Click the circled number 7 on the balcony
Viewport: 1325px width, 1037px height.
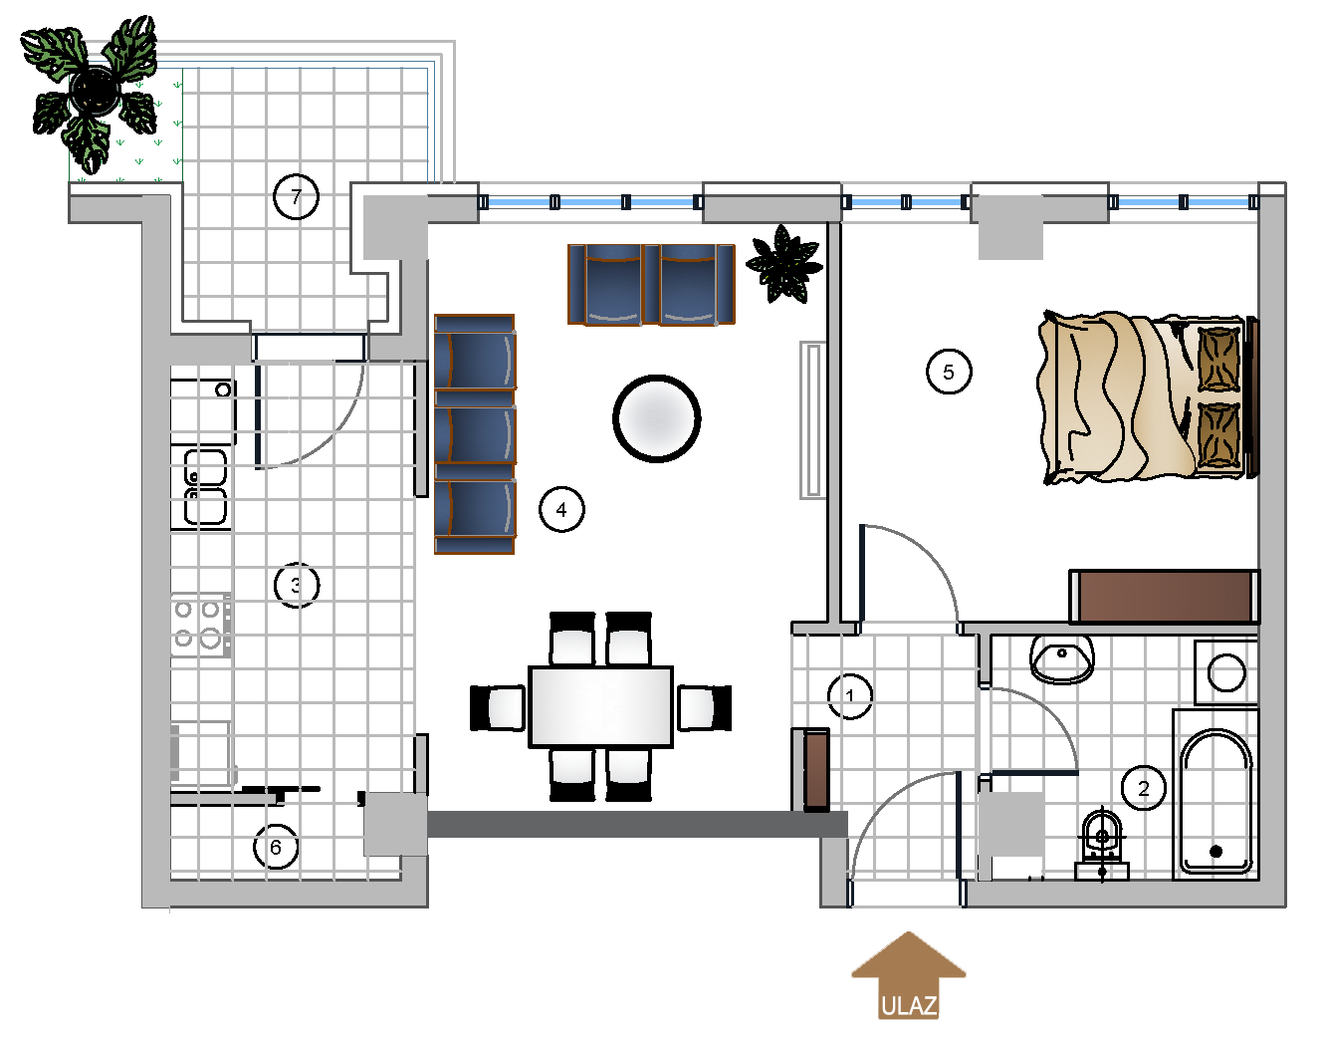296,196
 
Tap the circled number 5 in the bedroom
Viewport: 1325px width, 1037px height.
949,372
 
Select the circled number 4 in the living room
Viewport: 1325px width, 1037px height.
561,509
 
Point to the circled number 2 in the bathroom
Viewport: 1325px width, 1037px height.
1144,788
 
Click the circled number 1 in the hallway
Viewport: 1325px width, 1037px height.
850,696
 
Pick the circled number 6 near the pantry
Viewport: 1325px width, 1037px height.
276,847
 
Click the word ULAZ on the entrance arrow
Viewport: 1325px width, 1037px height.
909,1006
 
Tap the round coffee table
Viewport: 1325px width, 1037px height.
657,418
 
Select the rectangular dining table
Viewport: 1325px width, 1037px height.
600,707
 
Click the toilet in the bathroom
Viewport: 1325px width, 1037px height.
1102,844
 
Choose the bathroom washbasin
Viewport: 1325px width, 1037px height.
1061,658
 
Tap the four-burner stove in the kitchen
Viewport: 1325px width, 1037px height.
201,625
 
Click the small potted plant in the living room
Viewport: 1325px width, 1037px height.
783,264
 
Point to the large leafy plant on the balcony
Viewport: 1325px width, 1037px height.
92,93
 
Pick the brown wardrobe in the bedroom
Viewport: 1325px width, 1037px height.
1164,597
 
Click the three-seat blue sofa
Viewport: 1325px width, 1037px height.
475,434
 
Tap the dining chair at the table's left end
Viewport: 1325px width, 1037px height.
498,707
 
